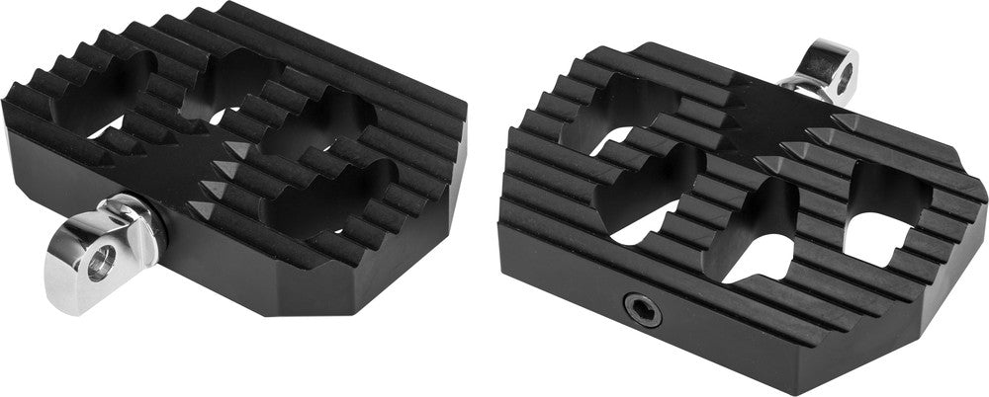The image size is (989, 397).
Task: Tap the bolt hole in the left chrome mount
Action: (x=100, y=262)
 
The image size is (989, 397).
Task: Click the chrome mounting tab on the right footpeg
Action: (x=830, y=67)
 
